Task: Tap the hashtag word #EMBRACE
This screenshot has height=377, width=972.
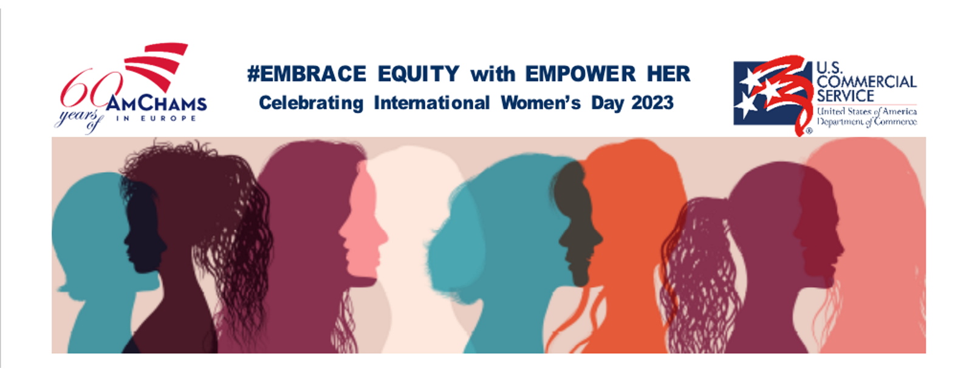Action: [306, 74]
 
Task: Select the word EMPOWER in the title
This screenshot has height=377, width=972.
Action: [580, 74]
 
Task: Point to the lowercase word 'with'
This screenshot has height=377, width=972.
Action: [493, 74]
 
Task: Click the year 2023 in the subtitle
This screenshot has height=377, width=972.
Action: [652, 103]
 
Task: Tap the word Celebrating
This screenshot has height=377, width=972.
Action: [310, 103]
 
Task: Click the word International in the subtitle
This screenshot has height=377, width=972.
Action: [432, 103]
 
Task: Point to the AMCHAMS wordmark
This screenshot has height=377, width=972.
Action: [157, 103]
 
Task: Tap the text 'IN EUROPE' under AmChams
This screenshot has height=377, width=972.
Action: [157, 119]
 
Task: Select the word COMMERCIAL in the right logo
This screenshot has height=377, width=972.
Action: [866, 81]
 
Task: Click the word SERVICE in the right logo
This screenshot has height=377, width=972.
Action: [845, 95]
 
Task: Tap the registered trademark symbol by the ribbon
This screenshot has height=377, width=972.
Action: [809, 130]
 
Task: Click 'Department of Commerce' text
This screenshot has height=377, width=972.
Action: [866, 122]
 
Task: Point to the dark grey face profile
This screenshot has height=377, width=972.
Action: [577, 226]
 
